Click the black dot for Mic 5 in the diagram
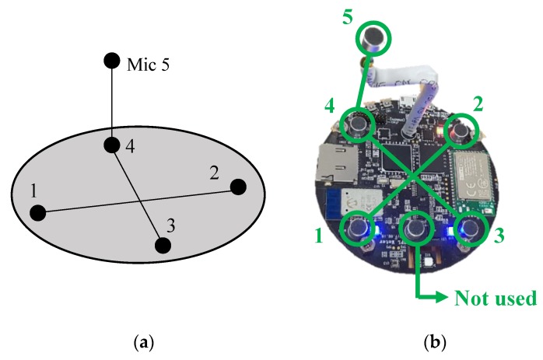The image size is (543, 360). [112, 60]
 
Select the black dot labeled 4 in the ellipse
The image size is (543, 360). [112, 145]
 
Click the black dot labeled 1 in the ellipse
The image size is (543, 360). [37, 212]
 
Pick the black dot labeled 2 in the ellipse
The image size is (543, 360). [238, 187]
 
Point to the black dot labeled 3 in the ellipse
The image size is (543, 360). [163, 245]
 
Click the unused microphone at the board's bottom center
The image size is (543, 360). [418, 227]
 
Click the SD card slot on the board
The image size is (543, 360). [335, 167]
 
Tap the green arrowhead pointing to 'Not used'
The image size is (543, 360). [446, 298]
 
